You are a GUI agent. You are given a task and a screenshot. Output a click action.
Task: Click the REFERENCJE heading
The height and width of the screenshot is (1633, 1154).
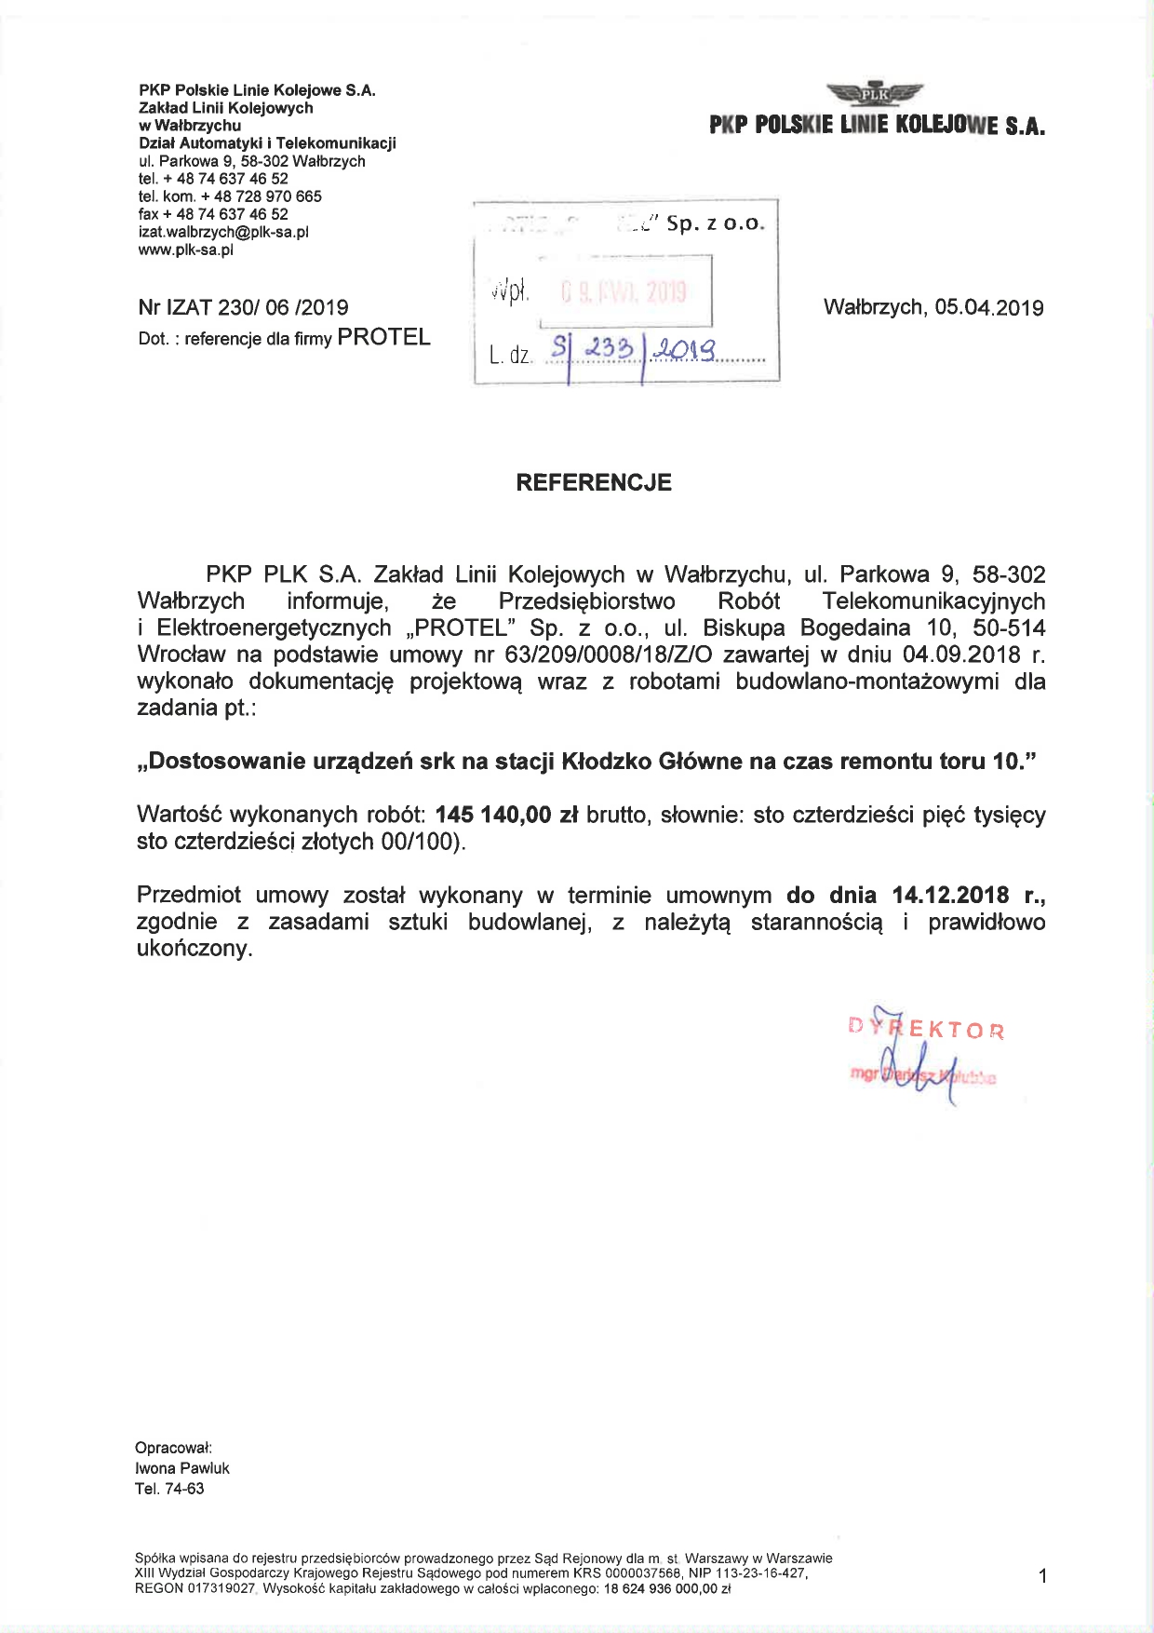click(x=594, y=482)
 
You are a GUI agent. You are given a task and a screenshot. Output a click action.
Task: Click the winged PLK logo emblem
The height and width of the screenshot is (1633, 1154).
click(x=874, y=93)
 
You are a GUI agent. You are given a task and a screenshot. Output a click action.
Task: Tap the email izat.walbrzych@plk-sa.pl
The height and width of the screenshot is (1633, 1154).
click(x=223, y=232)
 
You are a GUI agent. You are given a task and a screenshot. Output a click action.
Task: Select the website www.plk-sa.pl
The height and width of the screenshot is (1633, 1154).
click(x=185, y=250)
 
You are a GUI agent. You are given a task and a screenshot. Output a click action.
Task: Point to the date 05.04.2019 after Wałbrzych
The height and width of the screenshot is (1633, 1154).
click(x=989, y=308)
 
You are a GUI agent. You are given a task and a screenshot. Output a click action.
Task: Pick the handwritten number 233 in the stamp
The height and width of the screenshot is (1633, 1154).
click(x=609, y=349)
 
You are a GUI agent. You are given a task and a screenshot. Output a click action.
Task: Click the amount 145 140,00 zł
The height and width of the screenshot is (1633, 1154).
click(x=506, y=815)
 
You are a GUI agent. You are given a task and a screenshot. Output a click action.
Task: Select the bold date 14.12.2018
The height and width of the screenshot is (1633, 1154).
click(x=950, y=896)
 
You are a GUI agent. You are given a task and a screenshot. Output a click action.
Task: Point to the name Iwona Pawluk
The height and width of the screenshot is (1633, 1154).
click(x=182, y=1468)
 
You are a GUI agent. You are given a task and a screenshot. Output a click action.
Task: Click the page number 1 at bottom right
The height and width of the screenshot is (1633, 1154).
click(x=1042, y=1575)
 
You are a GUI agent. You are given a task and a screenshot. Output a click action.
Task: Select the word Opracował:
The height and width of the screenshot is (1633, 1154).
click(x=174, y=1448)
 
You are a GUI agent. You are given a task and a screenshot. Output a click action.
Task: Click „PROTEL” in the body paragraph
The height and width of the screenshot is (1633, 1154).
click(x=461, y=628)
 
